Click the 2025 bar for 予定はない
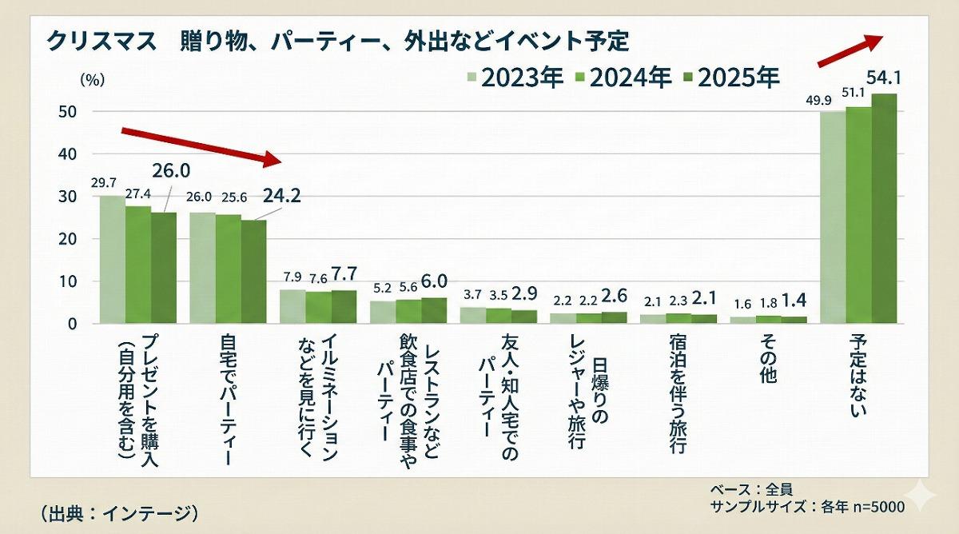click(884, 208)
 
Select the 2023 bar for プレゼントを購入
click(112, 260)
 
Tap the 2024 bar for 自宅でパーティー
click(228, 269)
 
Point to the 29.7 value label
click(105, 183)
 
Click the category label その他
click(766, 361)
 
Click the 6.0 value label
click(435, 281)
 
